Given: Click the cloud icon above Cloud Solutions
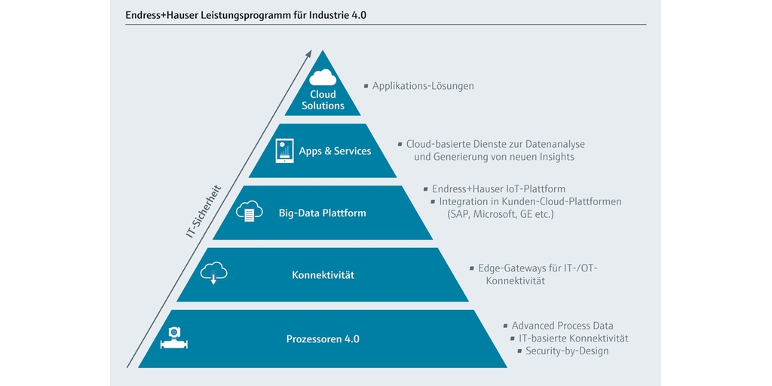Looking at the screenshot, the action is [323, 78].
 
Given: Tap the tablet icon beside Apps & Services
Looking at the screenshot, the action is [284, 151].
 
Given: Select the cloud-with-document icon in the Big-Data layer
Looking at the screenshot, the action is [247, 212].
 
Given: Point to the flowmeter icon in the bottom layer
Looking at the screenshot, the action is [174, 338].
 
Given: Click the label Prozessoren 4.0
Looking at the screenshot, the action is [323, 339].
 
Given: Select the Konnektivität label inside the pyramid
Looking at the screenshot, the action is [323, 274].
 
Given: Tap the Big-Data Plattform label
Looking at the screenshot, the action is [323, 213].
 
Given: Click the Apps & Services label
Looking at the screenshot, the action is [335, 151].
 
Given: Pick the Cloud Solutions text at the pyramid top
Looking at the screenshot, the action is [323, 100].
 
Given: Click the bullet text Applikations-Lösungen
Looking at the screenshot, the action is [423, 86].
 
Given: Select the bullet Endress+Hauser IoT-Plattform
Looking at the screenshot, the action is [498, 189].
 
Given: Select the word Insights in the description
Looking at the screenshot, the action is [557, 157].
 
